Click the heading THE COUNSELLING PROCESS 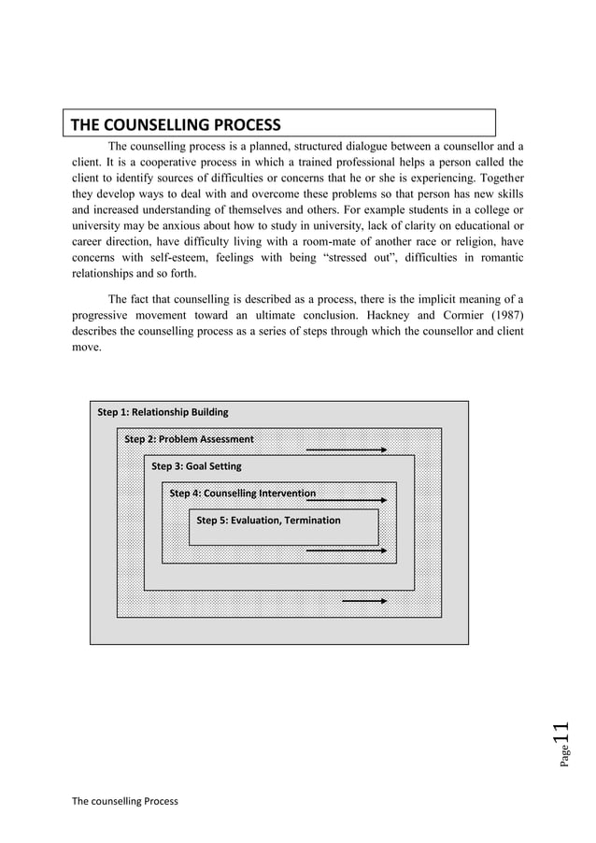pyautogui.click(x=177, y=125)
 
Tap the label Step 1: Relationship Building pyautogui.click(x=163, y=412)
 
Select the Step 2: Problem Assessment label pyautogui.click(x=189, y=439)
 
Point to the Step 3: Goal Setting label pyautogui.click(x=196, y=465)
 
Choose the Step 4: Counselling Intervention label pyautogui.click(x=242, y=493)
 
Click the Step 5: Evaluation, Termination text pyautogui.click(x=268, y=520)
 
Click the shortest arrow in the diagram pyautogui.click(x=364, y=600)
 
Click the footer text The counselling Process pyautogui.click(x=124, y=801)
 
